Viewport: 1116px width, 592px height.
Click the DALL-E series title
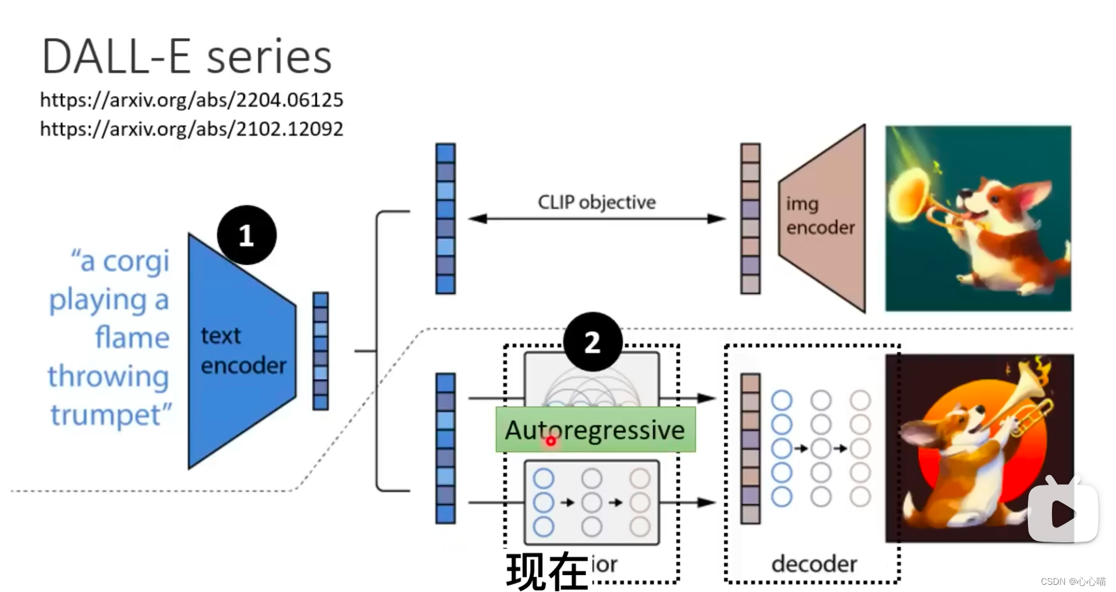(x=187, y=57)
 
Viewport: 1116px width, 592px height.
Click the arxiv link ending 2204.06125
(x=191, y=100)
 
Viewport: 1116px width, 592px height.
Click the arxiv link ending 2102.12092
(x=191, y=129)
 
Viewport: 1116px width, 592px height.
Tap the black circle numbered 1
(x=246, y=235)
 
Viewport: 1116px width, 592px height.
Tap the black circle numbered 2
(x=592, y=342)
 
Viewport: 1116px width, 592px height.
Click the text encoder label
(x=242, y=351)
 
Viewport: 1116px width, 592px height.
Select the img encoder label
(x=820, y=216)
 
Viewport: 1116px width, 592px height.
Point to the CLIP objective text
(x=597, y=203)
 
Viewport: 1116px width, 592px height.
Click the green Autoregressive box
(x=595, y=429)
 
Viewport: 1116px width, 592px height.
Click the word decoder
(x=814, y=563)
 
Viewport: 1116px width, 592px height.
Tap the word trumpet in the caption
(x=111, y=414)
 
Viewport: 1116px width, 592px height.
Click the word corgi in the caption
(x=136, y=261)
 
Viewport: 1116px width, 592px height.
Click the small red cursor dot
(x=551, y=442)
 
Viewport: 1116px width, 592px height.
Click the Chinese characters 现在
(x=547, y=571)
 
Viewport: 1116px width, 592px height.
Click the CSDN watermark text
(x=1073, y=582)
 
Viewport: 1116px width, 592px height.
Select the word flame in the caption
(x=132, y=338)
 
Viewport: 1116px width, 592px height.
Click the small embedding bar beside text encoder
(x=320, y=351)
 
